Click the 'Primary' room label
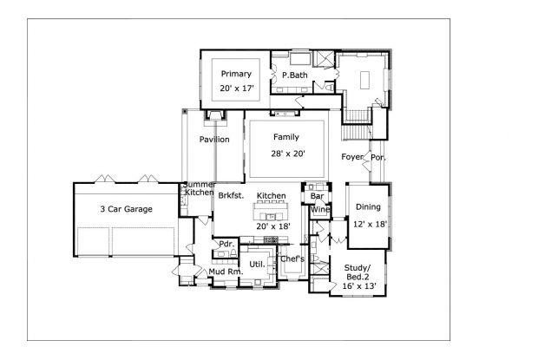[x=235, y=74]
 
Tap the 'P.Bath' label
[x=294, y=75]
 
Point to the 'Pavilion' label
[x=214, y=139]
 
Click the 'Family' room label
[x=286, y=137]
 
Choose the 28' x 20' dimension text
[x=286, y=154]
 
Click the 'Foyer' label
[x=351, y=157]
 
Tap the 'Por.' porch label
[x=379, y=157]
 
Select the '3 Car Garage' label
[x=126, y=209]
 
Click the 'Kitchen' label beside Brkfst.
[x=271, y=196]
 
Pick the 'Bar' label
[x=318, y=196]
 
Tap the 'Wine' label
[x=319, y=210]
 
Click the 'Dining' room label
[x=368, y=206]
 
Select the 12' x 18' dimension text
[x=368, y=224]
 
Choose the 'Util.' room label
[x=257, y=263]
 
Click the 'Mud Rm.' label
[x=225, y=272]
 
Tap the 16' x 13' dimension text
[x=358, y=285]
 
